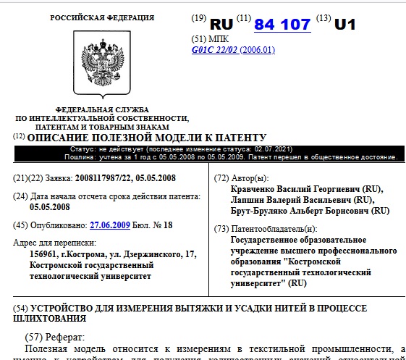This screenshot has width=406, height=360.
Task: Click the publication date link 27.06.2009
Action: pos(109,225)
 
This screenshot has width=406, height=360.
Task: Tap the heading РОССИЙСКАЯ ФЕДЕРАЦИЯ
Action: pos(101,17)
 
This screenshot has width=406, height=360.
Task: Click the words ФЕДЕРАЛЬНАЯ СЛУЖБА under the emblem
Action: pos(102,109)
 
